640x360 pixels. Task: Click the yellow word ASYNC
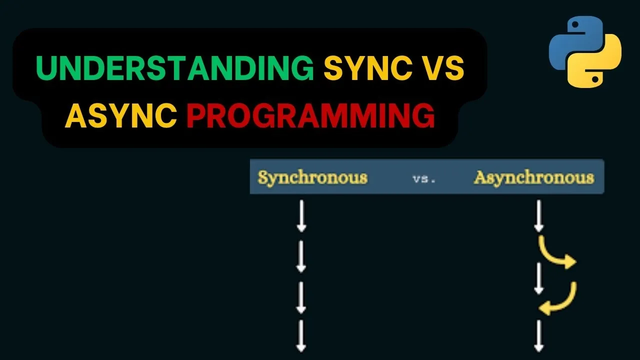(x=120, y=114)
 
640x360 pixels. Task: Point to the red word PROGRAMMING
(x=310, y=114)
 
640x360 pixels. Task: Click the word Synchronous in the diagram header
(x=312, y=177)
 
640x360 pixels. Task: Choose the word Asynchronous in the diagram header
(x=534, y=177)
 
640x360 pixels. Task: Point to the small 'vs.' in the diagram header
(x=424, y=178)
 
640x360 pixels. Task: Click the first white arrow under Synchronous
(x=301, y=215)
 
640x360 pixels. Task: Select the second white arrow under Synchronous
(x=301, y=256)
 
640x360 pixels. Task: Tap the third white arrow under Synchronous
(x=301, y=297)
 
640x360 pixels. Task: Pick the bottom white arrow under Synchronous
(x=301, y=336)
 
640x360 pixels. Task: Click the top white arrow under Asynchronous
(x=538, y=215)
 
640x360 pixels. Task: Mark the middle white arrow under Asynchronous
(x=538, y=278)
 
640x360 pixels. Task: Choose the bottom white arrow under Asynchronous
(x=538, y=336)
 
